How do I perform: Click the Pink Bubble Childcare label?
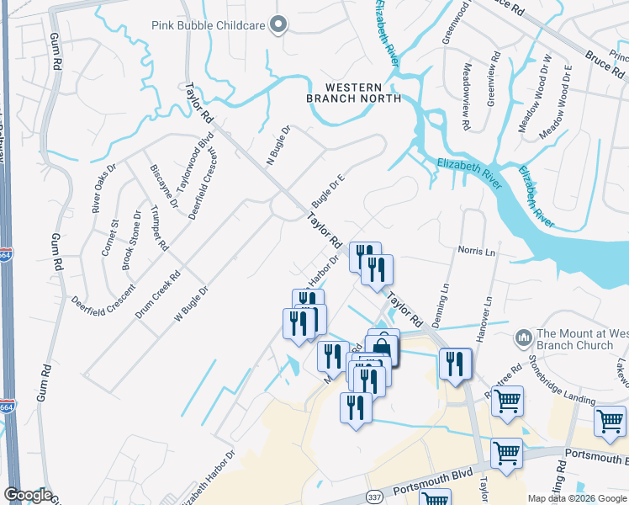209,25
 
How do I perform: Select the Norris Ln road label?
476,251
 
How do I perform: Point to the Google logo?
27,495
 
